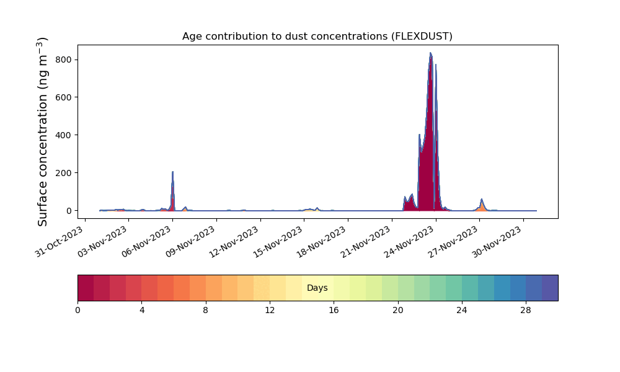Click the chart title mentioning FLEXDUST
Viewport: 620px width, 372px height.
tap(317, 37)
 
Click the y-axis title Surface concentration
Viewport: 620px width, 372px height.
tap(42, 131)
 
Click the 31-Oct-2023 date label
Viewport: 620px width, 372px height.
tap(60, 242)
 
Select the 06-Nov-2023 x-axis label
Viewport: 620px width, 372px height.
tap(147, 242)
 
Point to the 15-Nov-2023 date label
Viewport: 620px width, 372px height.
tap(278, 242)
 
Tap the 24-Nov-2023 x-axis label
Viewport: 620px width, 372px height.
tap(409, 242)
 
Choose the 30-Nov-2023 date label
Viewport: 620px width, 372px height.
tap(497, 242)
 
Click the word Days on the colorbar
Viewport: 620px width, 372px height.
tap(317, 288)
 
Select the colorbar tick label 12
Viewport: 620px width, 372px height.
tap(270, 311)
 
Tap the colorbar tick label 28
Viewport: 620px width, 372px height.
tap(526, 311)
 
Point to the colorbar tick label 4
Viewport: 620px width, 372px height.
tap(141, 311)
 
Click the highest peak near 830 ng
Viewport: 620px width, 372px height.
tap(430, 53)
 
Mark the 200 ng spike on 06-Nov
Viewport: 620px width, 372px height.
tap(173, 172)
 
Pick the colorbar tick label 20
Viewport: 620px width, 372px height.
tap(398, 311)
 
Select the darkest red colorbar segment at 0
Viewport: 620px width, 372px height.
tap(86, 288)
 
